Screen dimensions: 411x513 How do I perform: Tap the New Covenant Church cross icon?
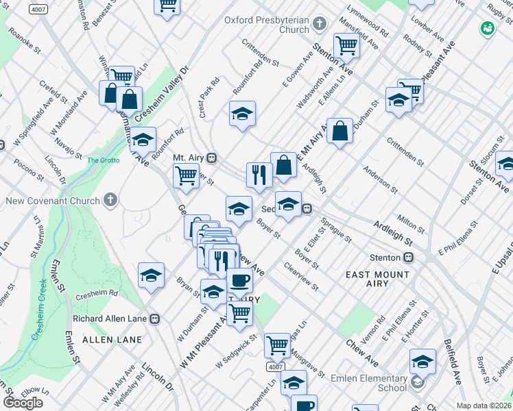(x=110, y=201)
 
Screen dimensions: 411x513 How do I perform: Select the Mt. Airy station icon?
(x=212, y=158)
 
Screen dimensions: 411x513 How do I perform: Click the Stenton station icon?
(x=408, y=258)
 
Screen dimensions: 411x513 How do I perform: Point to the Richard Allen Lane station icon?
(x=155, y=319)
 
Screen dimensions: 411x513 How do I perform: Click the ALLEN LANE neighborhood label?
(x=112, y=340)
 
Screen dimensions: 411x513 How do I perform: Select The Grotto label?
(x=103, y=160)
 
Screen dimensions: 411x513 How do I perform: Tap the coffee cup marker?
(x=239, y=279)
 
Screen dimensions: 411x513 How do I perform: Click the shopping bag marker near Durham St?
(x=339, y=129)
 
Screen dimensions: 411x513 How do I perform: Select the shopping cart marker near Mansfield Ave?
(x=347, y=45)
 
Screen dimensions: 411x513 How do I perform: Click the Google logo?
(x=23, y=403)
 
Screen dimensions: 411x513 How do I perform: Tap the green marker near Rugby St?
(x=488, y=28)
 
